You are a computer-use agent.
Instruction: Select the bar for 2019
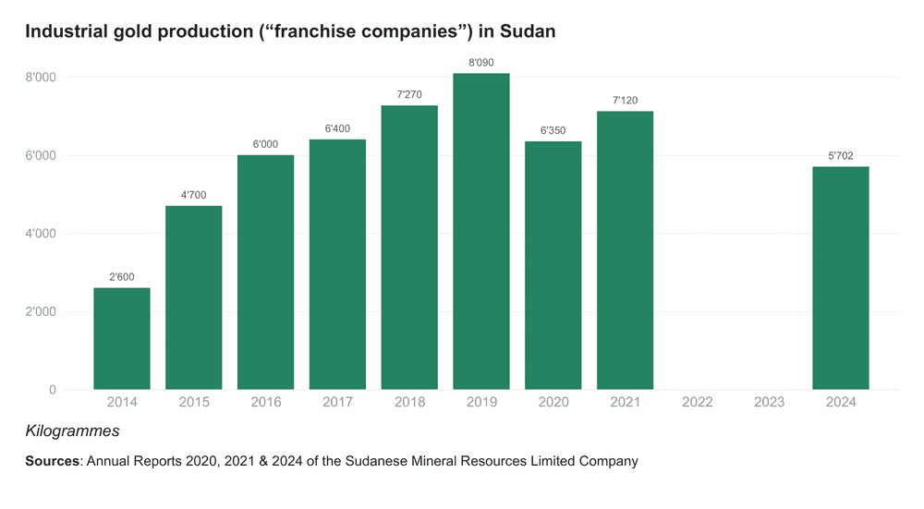(x=481, y=231)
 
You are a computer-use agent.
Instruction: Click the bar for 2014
(x=122, y=338)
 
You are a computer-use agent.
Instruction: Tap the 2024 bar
(x=841, y=277)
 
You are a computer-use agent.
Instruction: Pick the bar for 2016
(x=265, y=272)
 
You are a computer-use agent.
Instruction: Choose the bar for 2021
(x=625, y=249)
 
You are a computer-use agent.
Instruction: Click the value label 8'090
(x=481, y=63)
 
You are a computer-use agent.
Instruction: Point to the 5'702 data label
(x=841, y=156)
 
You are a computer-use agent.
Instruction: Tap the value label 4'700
(x=194, y=195)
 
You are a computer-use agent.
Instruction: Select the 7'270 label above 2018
(x=409, y=94)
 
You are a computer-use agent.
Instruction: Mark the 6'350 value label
(x=553, y=130)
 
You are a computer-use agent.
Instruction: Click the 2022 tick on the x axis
(x=697, y=402)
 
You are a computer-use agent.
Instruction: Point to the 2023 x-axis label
(x=769, y=402)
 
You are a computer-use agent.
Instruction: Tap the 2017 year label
(x=337, y=402)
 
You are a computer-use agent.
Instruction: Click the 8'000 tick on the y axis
(x=40, y=78)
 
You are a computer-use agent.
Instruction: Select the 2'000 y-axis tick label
(x=40, y=312)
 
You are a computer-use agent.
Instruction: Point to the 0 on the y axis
(x=52, y=390)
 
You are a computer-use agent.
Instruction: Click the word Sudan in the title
(x=528, y=31)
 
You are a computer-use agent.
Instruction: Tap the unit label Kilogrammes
(x=72, y=431)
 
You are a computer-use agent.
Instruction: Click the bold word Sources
(x=52, y=461)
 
